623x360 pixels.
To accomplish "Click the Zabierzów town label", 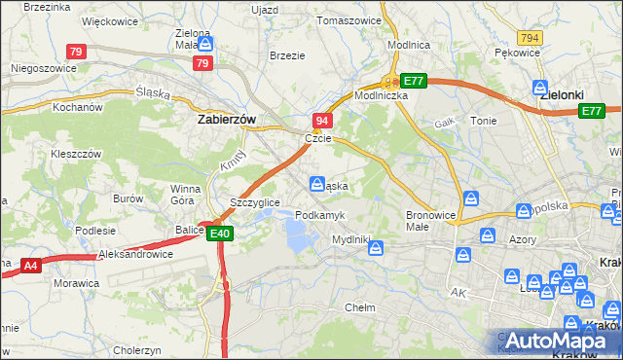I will [227, 120].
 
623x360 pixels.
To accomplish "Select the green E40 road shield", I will [221, 234].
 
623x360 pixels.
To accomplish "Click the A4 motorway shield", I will [30, 264].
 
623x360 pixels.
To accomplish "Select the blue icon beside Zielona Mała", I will [206, 45].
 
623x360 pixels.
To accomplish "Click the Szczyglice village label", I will [255, 201].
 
